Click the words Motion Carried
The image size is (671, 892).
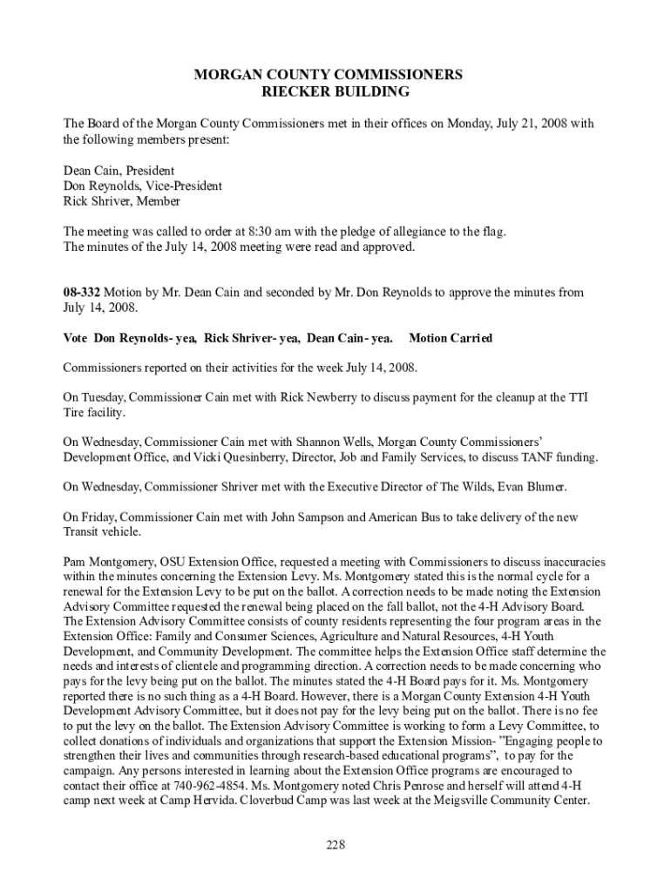pyautogui.click(x=451, y=337)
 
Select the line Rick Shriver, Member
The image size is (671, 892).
pyautogui.click(x=122, y=201)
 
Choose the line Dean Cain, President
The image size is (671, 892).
pyautogui.click(x=119, y=171)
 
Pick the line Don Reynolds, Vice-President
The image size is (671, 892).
pyautogui.click(x=143, y=186)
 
